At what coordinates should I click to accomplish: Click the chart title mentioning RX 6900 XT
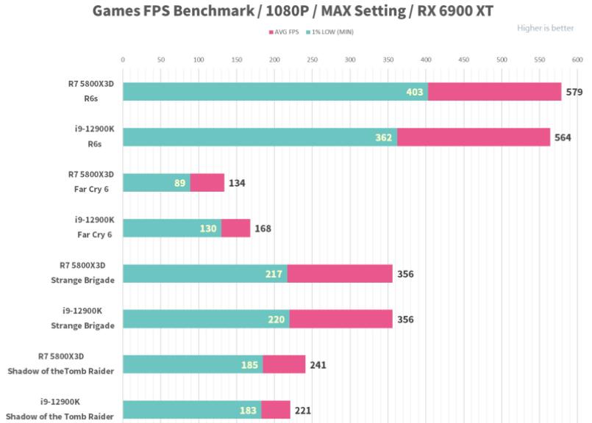292,11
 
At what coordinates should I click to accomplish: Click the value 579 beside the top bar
574,92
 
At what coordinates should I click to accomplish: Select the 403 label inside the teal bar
415,92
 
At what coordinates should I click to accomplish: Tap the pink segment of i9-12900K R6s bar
474,137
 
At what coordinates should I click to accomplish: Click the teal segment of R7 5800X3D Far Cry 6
156,183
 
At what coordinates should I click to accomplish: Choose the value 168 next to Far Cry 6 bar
263,228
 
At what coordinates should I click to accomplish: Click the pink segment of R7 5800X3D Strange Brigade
340,274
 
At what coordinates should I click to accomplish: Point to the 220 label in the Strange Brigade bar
277,319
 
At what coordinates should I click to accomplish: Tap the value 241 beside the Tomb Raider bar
318,365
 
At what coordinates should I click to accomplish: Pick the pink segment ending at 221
276,410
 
